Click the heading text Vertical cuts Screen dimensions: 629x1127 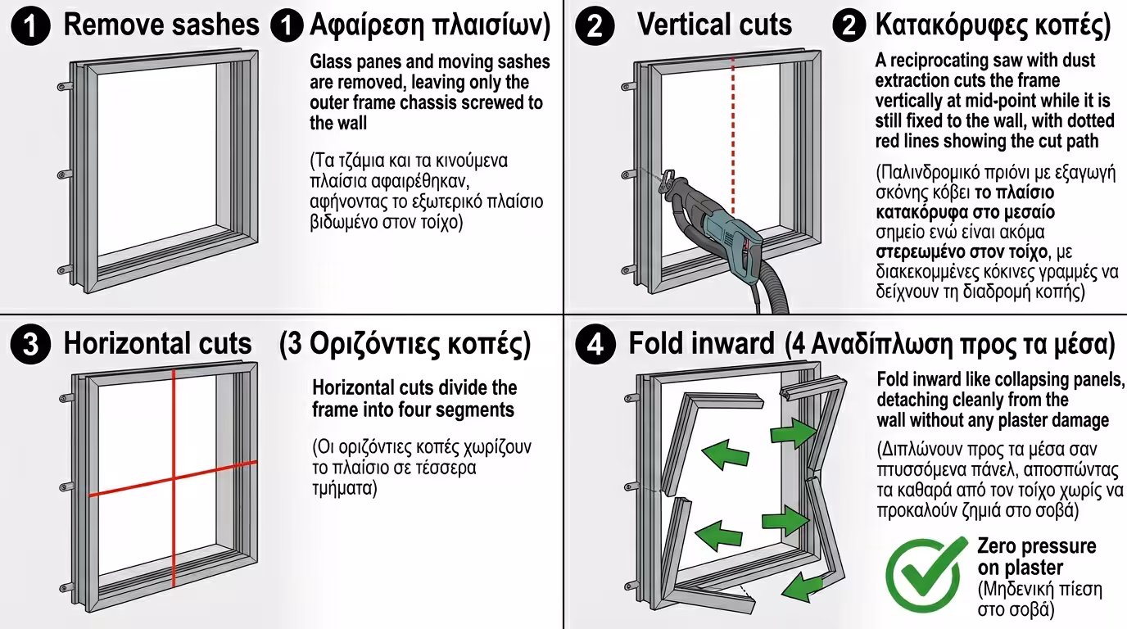(x=714, y=25)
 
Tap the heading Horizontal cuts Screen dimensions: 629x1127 (x=157, y=344)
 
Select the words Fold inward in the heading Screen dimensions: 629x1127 (x=701, y=344)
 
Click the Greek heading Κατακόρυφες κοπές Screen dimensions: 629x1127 (x=993, y=25)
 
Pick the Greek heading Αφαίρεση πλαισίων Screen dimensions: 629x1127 (x=428, y=25)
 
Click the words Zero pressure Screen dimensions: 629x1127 (x=1036, y=546)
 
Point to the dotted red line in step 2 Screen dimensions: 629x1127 (x=733, y=131)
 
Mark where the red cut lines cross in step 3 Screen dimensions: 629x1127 (x=174, y=478)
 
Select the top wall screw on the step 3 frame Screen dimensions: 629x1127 (x=64, y=398)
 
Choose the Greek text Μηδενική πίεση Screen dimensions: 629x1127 (x=1040, y=589)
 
